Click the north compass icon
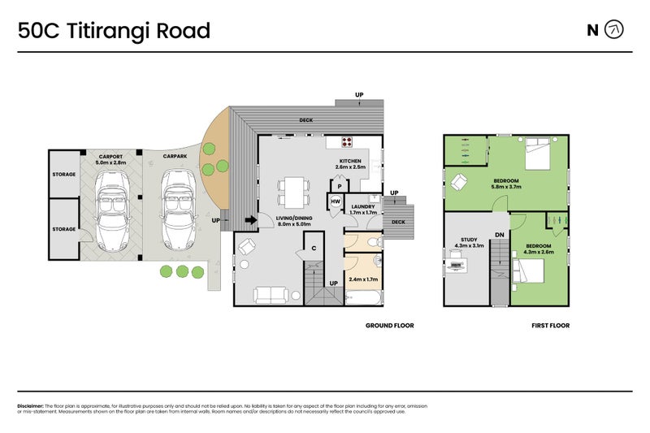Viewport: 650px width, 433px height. pyautogui.click(x=616, y=30)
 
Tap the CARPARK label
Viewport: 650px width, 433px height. pyautogui.click(x=175, y=155)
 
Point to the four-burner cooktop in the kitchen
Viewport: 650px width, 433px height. pyautogui.click(x=347, y=141)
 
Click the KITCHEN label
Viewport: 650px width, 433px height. pyautogui.click(x=351, y=161)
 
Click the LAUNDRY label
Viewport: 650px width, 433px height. pyautogui.click(x=363, y=206)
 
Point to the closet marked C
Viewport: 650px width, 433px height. pyautogui.click(x=313, y=247)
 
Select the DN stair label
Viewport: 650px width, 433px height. pyautogui.click(x=500, y=234)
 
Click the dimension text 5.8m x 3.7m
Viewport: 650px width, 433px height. pyautogui.click(x=505, y=187)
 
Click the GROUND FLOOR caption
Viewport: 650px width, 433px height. pyautogui.click(x=390, y=326)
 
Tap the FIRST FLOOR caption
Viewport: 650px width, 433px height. pyautogui.click(x=550, y=326)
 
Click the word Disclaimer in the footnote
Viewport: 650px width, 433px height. pyautogui.click(x=30, y=405)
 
